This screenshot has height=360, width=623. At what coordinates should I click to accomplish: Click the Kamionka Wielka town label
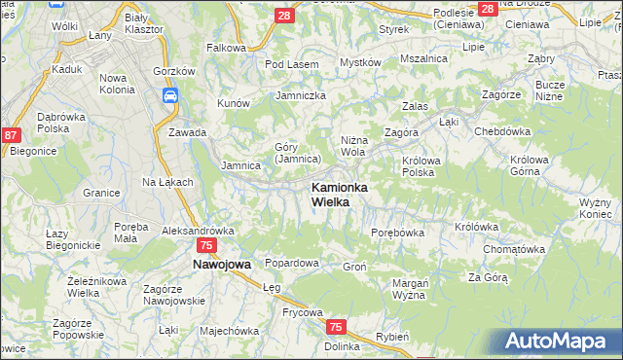tap(339, 195)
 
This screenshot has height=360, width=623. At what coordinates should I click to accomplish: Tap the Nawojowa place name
tap(222, 264)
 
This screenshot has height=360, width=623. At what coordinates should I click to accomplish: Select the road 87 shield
tap(12, 136)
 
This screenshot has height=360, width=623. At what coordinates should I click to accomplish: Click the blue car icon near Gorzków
tap(170, 95)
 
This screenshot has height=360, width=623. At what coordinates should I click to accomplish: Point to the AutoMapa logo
tap(561, 341)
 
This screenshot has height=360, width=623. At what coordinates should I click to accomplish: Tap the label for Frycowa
tap(275, 312)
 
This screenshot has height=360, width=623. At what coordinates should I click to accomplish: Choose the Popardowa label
tap(292, 264)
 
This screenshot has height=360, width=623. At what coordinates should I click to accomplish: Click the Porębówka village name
tap(398, 233)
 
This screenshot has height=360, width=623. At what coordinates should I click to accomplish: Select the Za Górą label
tap(488, 277)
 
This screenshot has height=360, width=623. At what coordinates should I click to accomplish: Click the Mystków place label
tap(359, 62)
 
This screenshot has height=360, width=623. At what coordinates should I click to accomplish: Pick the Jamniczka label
tap(300, 95)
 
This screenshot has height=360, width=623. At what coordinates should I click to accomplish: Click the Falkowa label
tap(226, 47)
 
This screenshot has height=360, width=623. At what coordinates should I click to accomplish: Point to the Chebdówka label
tap(501, 131)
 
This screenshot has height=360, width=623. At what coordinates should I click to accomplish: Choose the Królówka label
tap(476, 227)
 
